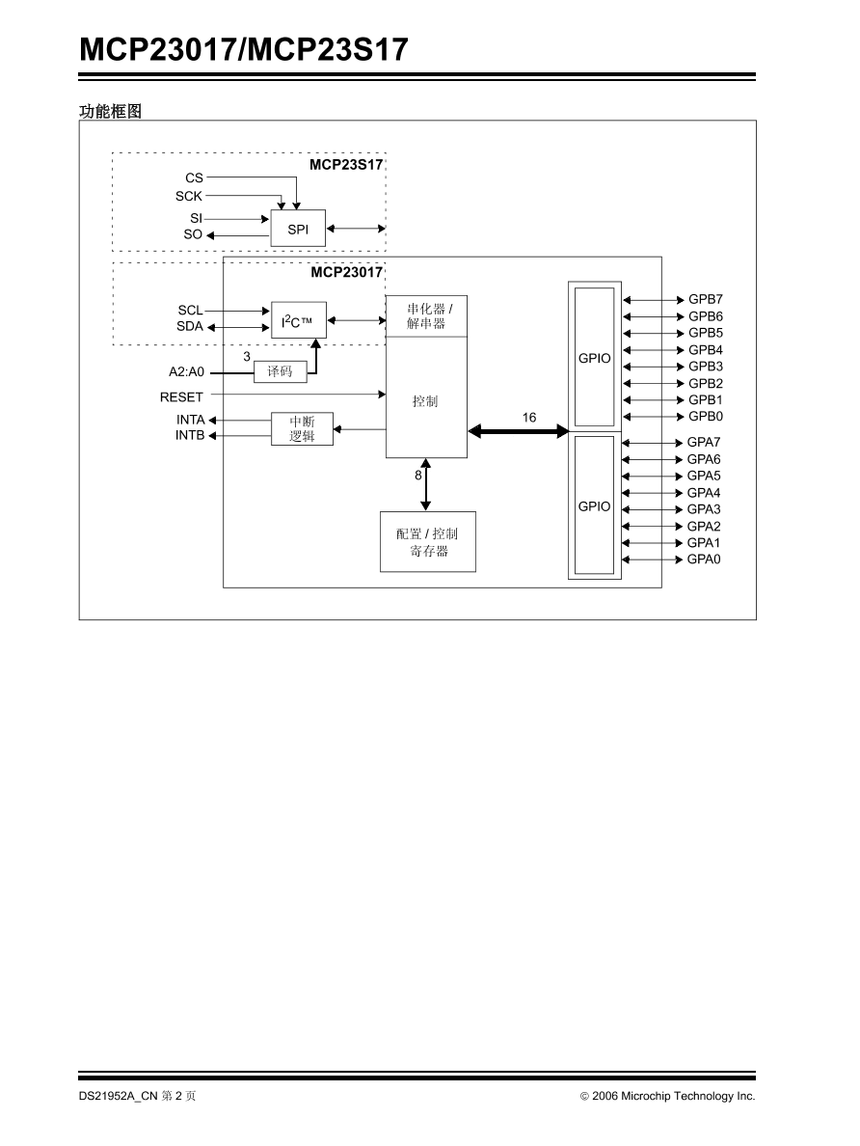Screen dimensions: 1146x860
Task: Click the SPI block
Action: pos(298,229)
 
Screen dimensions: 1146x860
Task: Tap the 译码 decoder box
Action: pos(280,371)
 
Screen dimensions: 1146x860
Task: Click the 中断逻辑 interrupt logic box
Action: pos(302,429)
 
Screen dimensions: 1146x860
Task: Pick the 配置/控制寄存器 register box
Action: pos(427,542)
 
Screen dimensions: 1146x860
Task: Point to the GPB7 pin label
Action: pos(705,300)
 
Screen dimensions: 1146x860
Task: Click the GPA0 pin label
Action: pos(704,559)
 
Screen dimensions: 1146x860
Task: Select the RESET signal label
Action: pos(181,396)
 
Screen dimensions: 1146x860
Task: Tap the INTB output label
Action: pos(190,436)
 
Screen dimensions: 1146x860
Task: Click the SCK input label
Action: pos(189,196)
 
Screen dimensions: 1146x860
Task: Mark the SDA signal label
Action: pos(190,327)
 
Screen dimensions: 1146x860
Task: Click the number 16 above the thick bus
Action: pos(529,418)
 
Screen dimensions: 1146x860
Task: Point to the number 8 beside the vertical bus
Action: pos(418,475)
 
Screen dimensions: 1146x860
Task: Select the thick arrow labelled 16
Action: pos(519,431)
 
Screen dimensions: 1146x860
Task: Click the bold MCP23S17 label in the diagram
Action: pos(346,164)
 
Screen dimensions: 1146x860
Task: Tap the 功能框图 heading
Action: pos(110,112)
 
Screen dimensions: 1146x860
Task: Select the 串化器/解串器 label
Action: pos(427,316)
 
